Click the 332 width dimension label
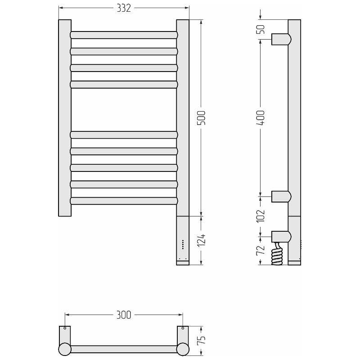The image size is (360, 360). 124,8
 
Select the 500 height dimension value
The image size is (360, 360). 202,118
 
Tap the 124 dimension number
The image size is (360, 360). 202,240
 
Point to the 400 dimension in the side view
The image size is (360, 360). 261,118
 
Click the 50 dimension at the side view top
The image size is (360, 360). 261,29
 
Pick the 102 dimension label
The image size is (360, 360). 261,216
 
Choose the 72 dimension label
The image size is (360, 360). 261,251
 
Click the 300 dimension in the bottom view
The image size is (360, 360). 124,315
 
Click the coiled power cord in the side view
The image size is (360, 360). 277,254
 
